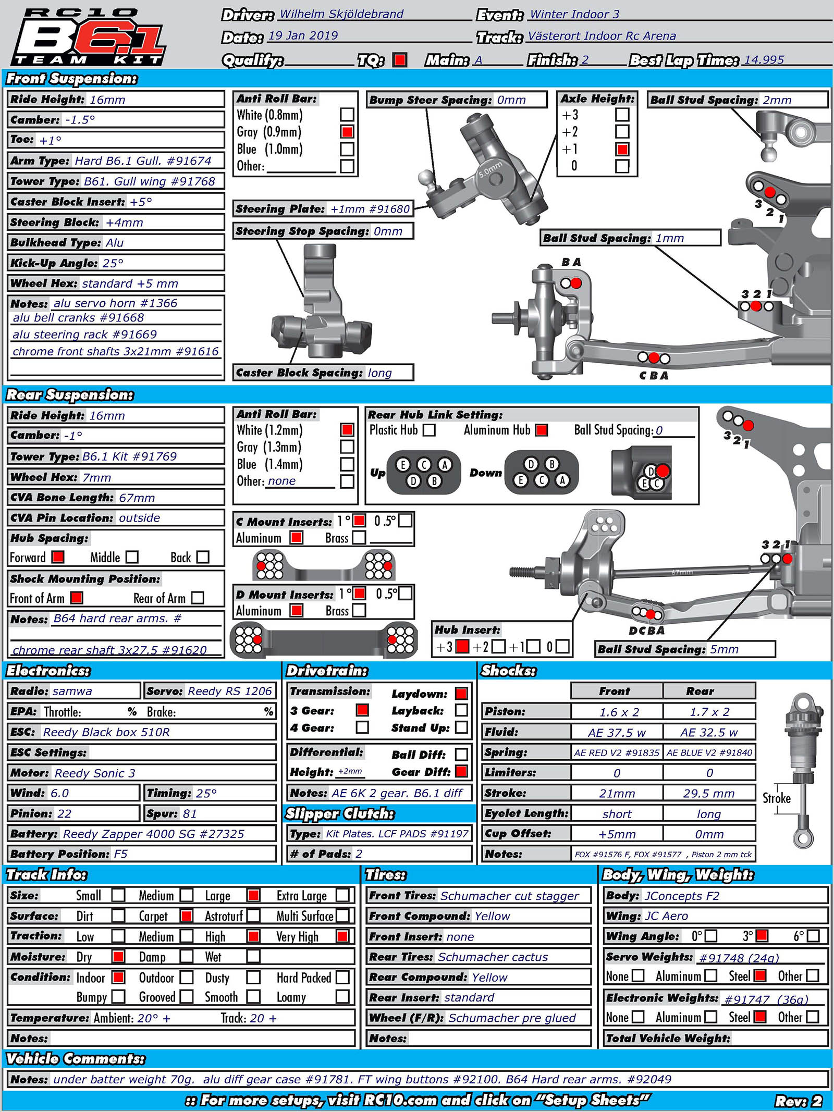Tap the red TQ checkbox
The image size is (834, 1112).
(x=400, y=60)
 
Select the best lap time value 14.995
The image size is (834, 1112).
(x=764, y=59)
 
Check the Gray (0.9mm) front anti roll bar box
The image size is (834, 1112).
(x=347, y=132)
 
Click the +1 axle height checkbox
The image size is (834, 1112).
(x=622, y=150)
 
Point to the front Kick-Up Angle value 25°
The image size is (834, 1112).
(x=113, y=263)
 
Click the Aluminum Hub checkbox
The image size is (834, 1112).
(x=542, y=430)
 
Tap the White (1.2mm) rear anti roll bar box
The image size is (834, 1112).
(x=347, y=430)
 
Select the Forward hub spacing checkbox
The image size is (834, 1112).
(x=58, y=557)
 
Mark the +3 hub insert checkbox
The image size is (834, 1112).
(x=462, y=647)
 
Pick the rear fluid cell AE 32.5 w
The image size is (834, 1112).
(x=709, y=732)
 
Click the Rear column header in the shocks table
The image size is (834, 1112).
(x=700, y=691)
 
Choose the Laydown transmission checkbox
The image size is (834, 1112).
(x=461, y=694)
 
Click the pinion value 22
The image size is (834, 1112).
(x=65, y=813)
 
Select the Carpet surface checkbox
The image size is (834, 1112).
(x=186, y=916)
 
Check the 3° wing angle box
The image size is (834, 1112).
(x=762, y=936)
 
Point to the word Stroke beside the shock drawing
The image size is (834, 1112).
(x=777, y=798)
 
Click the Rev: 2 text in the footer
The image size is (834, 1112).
(x=798, y=1101)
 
